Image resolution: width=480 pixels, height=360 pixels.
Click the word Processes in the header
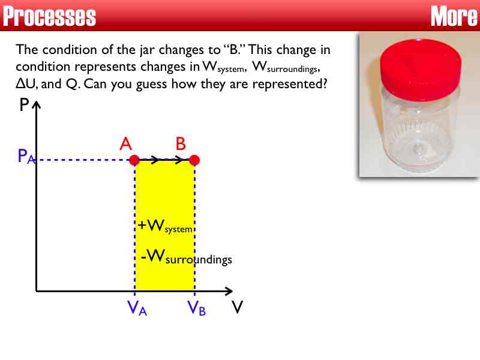[x=49, y=16]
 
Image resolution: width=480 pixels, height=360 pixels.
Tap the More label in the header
[x=454, y=16]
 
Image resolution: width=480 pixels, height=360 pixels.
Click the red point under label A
[x=134, y=160]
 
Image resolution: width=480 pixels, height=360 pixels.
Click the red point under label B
[x=194, y=160]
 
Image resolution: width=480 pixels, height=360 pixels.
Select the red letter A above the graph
[x=125, y=144]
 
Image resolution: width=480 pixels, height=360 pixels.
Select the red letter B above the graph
[x=181, y=144]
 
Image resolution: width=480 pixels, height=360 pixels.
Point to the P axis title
[x=24, y=106]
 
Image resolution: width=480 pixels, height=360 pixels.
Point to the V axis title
[x=238, y=307]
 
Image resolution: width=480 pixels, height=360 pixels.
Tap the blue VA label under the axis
[x=137, y=308]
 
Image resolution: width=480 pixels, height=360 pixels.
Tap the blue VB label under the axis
[x=196, y=308]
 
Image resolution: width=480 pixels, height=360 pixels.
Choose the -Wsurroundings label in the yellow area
[x=185, y=258]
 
